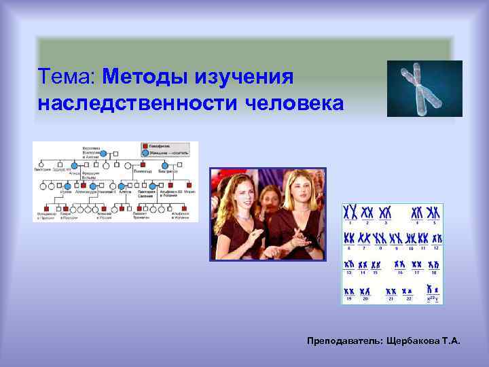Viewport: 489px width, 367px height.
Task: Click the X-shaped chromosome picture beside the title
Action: pyautogui.click(x=424, y=88)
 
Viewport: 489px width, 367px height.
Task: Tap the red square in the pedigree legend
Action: pyautogui.click(x=145, y=145)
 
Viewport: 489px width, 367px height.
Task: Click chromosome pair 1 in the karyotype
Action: pyautogui.click(x=350, y=211)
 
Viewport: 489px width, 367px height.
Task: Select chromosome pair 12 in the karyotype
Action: pyautogui.click(x=436, y=239)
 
